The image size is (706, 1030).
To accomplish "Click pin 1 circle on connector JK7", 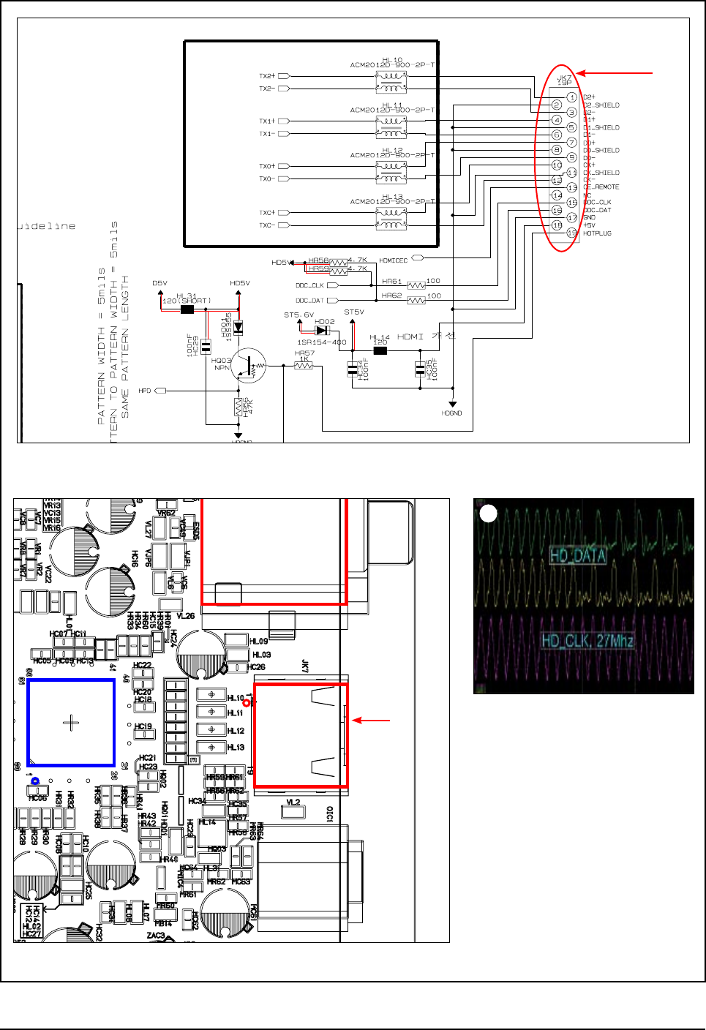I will [x=571, y=97].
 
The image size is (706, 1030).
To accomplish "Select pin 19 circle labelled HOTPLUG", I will [x=571, y=233].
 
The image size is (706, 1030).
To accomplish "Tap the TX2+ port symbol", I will [x=284, y=76].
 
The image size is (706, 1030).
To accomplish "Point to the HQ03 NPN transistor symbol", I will [x=249, y=365].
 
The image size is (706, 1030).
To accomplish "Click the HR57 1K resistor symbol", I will [x=304, y=365].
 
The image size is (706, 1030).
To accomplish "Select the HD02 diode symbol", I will [x=322, y=330].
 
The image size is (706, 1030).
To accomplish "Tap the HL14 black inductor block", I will [x=380, y=350].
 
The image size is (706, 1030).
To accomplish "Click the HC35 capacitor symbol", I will [x=421, y=369].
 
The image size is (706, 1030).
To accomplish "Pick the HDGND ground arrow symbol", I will [x=453, y=404].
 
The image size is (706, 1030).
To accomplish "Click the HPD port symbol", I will [x=160, y=391].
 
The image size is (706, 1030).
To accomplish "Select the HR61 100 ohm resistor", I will [x=416, y=285].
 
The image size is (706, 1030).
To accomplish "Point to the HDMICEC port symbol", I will [x=418, y=258].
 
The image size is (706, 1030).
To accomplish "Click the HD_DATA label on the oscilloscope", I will [x=578, y=556].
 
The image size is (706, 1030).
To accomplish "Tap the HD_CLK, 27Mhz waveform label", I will [x=587, y=642].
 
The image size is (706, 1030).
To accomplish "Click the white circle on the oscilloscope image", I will [x=488, y=514].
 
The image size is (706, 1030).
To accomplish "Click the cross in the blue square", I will [x=71, y=723].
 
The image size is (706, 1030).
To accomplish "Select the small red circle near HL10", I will [x=247, y=703].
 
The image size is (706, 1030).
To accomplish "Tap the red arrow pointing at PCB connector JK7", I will [x=372, y=721].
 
